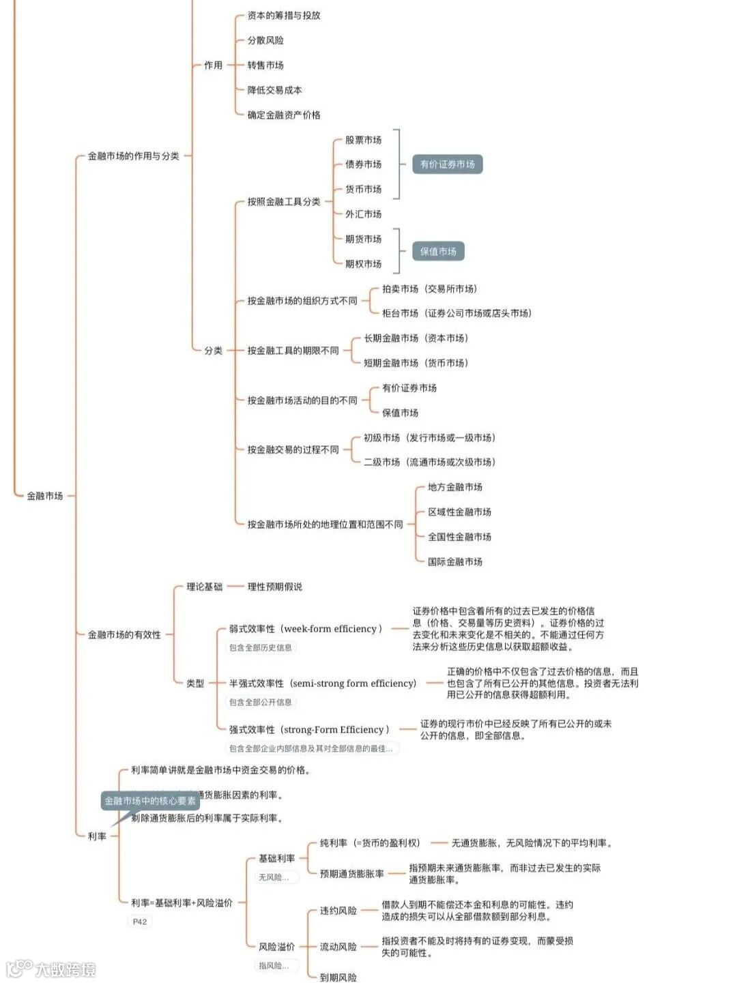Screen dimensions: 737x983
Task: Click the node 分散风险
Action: click(x=265, y=40)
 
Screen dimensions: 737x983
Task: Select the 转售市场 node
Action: click(x=265, y=65)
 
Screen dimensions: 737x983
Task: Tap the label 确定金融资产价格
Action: click(x=283, y=115)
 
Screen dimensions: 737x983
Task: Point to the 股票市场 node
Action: click(x=363, y=140)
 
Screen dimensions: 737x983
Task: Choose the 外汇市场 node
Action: click(x=363, y=214)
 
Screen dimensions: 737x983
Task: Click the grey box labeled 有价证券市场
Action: click(x=447, y=164)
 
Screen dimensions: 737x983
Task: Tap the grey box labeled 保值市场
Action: click(x=438, y=252)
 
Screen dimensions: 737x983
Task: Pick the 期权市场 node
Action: click(x=363, y=264)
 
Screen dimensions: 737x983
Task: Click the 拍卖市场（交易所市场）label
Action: click(x=429, y=289)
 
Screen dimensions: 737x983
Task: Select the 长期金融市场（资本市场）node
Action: click(x=416, y=338)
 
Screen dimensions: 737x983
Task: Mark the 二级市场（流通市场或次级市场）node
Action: click(x=429, y=463)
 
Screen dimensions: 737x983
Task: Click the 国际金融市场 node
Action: click(x=454, y=562)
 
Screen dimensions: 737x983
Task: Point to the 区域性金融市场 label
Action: click(x=459, y=512)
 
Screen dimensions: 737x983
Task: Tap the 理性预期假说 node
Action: click(x=274, y=587)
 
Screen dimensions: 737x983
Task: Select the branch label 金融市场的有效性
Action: click(x=124, y=635)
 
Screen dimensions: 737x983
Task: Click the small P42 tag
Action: click(x=140, y=922)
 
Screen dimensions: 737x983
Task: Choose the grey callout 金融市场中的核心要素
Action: click(x=150, y=801)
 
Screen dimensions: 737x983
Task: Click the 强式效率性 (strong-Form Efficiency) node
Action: click(x=309, y=730)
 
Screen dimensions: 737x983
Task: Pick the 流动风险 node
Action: click(x=338, y=947)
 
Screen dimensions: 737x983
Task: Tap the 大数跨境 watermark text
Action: click(x=65, y=969)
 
